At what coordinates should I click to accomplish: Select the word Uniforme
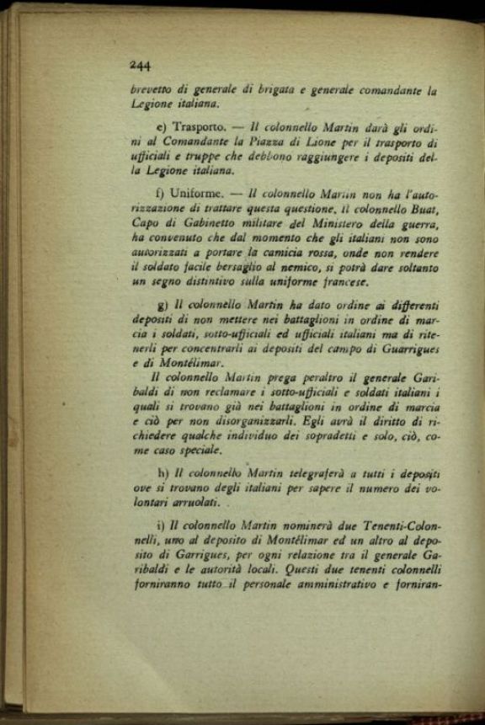tap(190, 193)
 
